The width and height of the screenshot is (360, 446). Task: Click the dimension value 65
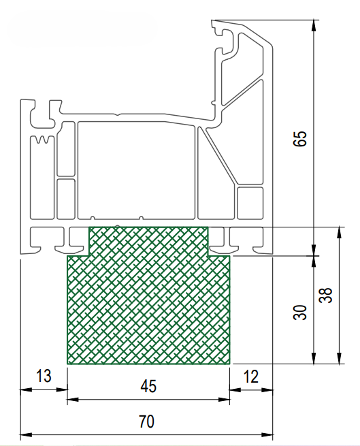coord(300,138)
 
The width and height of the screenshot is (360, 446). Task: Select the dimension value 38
coord(325,296)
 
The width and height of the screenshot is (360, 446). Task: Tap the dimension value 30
coord(300,313)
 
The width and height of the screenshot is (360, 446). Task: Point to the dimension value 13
coord(44,376)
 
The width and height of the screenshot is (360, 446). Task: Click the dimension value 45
coord(148,386)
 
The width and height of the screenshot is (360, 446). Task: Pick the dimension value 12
coord(251,377)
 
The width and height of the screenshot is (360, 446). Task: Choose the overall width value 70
coord(147,421)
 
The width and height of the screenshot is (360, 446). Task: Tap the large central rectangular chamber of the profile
coord(136,170)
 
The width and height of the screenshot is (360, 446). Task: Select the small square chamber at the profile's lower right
coord(250,203)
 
